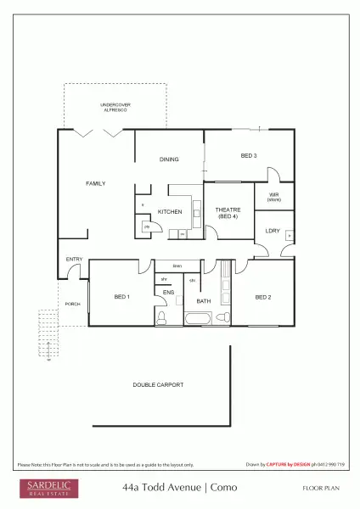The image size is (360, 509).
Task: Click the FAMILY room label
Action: click(x=95, y=183)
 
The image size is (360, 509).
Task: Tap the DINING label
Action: click(x=169, y=159)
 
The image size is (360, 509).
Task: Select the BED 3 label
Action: click(x=249, y=156)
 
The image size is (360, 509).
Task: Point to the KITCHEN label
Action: click(x=170, y=211)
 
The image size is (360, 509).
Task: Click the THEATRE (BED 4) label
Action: click(x=228, y=213)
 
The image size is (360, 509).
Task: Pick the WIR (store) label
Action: click(x=273, y=197)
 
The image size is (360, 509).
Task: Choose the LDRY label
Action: click(x=273, y=231)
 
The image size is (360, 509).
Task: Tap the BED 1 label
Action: click(x=121, y=296)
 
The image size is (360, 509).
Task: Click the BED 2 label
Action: click(x=263, y=297)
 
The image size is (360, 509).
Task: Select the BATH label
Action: click(x=204, y=301)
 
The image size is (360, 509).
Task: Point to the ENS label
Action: click(x=169, y=293)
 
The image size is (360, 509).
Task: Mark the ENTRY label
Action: click(x=74, y=260)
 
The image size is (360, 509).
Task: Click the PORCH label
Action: click(x=73, y=303)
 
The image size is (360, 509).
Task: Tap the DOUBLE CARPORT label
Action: click(x=158, y=384)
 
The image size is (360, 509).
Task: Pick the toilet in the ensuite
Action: click(x=162, y=318)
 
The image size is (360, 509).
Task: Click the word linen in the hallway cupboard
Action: click(x=177, y=266)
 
